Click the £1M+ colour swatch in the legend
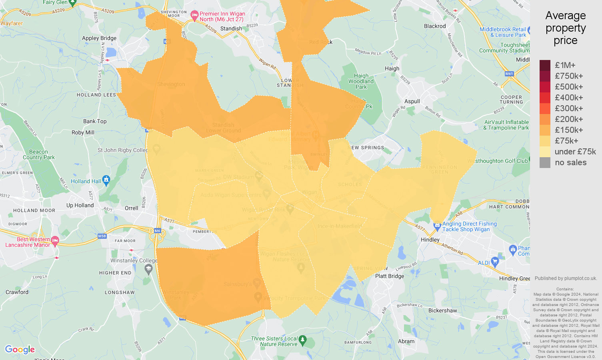[x=545, y=65]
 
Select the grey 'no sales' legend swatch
[x=545, y=162]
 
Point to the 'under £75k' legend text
[x=575, y=152]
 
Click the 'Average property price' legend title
[x=565, y=28]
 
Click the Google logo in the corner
[x=20, y=350]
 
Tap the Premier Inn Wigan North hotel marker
[x=194, y=16]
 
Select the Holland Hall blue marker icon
[x=106, y=181]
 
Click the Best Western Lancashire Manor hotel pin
[x=55, y=241]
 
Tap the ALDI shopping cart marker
[x=495, y=262]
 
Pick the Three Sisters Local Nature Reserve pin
[x=302, y=340]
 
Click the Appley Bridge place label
[x=99, y=38]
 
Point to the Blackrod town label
[x=434, y=26]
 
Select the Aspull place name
[x=412, y=102]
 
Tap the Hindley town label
[x=430, y=240]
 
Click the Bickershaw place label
[x=442, y=310]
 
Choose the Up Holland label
[x=80, y=205]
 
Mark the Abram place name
[x=406, y=341]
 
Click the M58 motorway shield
[x=102, y=236]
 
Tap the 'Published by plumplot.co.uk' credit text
[x=566, y=278]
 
